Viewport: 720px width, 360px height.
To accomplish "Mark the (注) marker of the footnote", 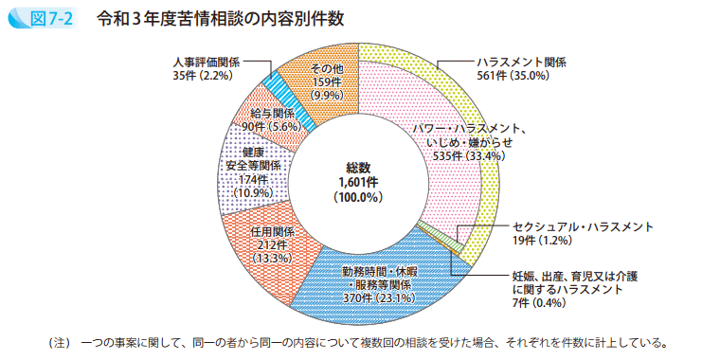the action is click(x=59, y=341).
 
